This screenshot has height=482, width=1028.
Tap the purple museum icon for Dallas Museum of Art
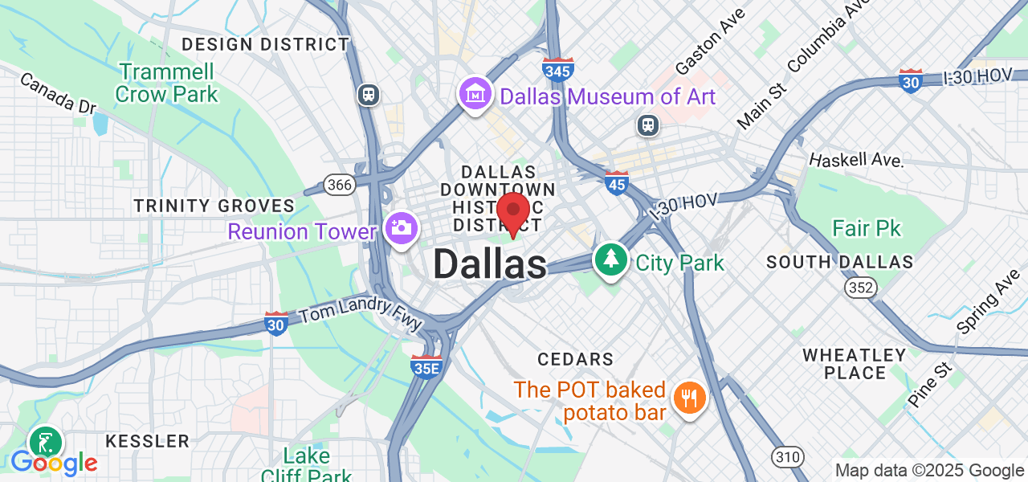[x=475, y=95]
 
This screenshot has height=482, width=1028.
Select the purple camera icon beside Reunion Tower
[x=400, y=228]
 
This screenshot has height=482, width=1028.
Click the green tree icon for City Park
[x=611, y=259]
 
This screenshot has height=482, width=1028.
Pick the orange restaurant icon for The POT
[x=688, y=395]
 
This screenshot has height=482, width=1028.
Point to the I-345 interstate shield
[x=558, y=70]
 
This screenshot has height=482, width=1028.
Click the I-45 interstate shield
[x=616, y=183]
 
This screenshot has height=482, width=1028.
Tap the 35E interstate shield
[x=426, y=366]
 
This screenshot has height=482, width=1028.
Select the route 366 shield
[x=340, y=185]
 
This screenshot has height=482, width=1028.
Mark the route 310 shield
[x=788, y=457]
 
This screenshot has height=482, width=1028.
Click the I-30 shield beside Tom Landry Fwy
[x=276, y=323]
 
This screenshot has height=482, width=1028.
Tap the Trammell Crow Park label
[x=166, y=83]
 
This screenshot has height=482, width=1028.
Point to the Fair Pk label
[x=866, y=229]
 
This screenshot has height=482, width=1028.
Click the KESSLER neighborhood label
[x=148, y=441]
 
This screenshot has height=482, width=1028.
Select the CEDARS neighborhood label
[x=575, y=359]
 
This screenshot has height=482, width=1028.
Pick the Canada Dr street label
[x=58, y=93]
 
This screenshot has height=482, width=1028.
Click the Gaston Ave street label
[x=710, y=40]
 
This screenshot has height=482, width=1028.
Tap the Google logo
[x=54, y=463]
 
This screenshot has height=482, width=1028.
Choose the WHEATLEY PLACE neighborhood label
[x=855, y=364]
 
